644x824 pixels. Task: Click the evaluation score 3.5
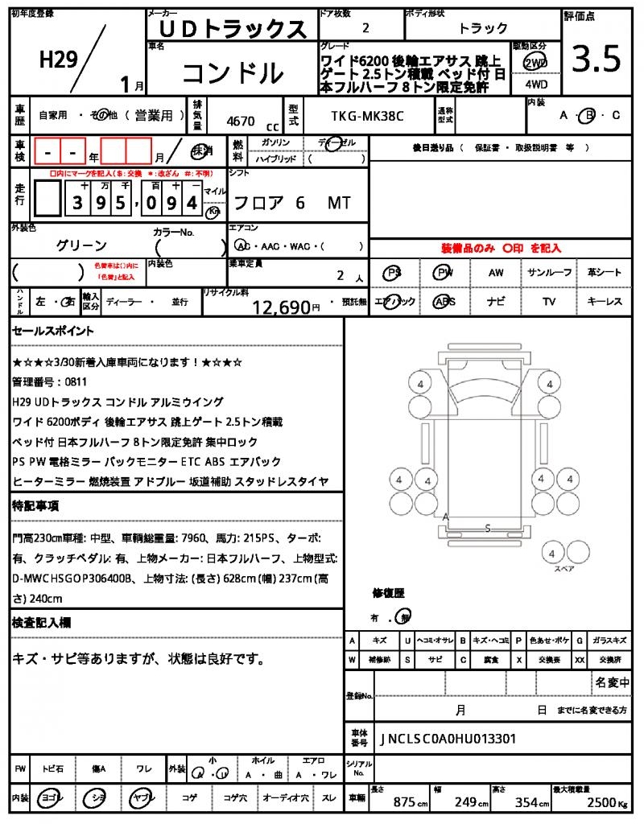click(596, 58)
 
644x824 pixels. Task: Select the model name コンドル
click(233, 74)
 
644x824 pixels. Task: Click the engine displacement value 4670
click(241, 122)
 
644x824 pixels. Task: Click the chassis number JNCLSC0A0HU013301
click(448, 739)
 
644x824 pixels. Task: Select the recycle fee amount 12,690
click(281, 307)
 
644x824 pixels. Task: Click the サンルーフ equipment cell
click(549, 273)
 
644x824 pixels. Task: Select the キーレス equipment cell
click(605, 302)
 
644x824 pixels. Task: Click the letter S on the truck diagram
click(488, 528)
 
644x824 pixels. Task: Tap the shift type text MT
click(339, 203)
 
